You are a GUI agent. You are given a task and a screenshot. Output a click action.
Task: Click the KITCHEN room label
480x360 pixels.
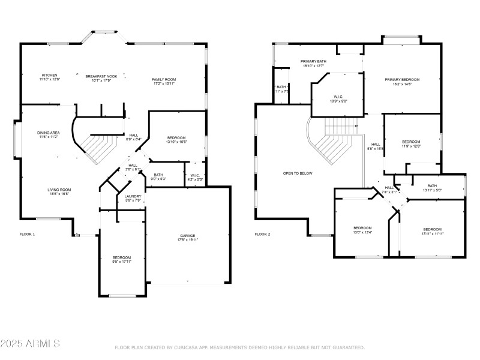pyautogui.click(x=50, y=77)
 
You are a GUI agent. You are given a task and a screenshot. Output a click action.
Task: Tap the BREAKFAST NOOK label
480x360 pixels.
pyautogui.click(x=101, y=77)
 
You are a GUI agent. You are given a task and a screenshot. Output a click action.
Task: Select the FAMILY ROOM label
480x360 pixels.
pyautogui.click(x=163, y=81)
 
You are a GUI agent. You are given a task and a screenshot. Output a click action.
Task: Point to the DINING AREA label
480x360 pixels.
pyautogui.click(x=48, y=134)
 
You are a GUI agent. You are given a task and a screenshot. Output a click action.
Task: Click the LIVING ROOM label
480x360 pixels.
pyautogui.click(x=59, y=191)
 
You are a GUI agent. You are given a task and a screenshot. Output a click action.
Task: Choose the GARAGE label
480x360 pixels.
pyautogui.click(x=188, y=237)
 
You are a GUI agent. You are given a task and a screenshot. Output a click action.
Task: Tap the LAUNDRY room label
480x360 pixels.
pyautogui.click(x=133, y=198)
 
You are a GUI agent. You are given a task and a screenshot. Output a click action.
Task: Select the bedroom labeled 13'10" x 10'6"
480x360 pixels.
pyautogui.click(x=176, y=140)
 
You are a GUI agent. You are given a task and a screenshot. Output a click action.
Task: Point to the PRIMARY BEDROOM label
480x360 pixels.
pyautogui.click(x=402, y=81)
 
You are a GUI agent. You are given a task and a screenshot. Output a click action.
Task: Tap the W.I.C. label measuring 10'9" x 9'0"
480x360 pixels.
pyautogui.click(x=338, y=98)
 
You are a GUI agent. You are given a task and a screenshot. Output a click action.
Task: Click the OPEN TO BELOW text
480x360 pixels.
pyautogui.click(x=298, y=173)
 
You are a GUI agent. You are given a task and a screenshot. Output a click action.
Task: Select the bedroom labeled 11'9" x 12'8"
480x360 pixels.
pyautogui.click(x=411, y=143)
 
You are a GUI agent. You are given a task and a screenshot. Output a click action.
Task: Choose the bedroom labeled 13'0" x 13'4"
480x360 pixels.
pyautogui.click(x=362, y=230)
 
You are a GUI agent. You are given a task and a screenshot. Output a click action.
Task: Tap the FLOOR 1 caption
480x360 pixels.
pyautogui.click(x=28, y=234)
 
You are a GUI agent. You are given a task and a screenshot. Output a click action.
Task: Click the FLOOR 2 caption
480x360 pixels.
pyautogui.click(x=262, y=234)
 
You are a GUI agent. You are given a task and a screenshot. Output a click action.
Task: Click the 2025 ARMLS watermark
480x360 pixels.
pyautogui.click(x=30, y=344)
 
